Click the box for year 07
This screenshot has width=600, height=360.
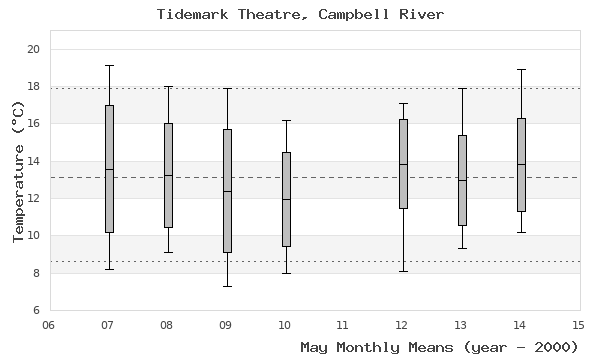tap(109, 168)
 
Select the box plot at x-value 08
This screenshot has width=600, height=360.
tap(168, 175)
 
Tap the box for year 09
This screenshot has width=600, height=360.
tap(227, 190)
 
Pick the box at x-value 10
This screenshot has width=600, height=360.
tap(286, 199)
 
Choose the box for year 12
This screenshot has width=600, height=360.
tap(403, 164)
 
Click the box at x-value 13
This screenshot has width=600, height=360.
tap(462, 180)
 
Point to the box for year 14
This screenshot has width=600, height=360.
tap(521, 165)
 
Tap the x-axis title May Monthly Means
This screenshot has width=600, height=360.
tap(440, 347)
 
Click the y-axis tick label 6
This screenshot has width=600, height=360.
tap(36, 310)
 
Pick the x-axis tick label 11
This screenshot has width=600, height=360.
tap(344, 325)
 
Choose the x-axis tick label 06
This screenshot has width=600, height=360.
tap(50, 325)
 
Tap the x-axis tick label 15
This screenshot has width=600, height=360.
tap(578, 325)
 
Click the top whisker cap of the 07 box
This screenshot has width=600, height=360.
tap(109, 66)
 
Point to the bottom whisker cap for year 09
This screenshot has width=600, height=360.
tap(227, 286)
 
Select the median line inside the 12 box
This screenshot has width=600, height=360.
tap(403, 164)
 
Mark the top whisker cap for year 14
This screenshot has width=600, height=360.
tap(521, 70)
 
